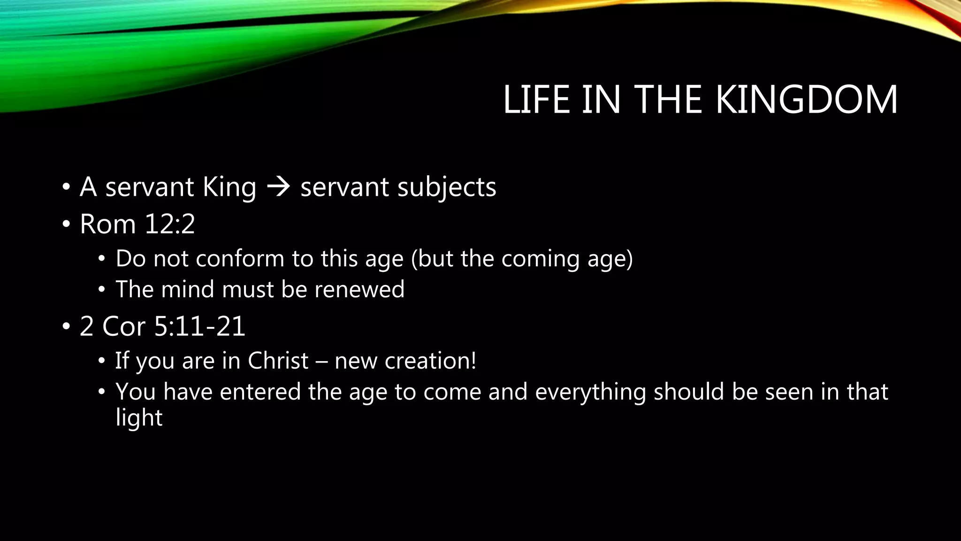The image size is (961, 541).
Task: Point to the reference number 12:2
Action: pyautogui.click(x=170, y=224)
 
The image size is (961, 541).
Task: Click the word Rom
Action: pyautogui.click(x=108, y=224)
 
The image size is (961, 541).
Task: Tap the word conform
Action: pyautogui.click(x=240, y=259)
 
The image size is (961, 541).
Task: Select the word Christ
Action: pyautogui.click(x=278, y=361)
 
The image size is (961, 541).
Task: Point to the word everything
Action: pyautogui.click(x=590, y=392)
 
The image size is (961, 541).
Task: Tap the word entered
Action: pyautogui.click(x=260, y=392)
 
